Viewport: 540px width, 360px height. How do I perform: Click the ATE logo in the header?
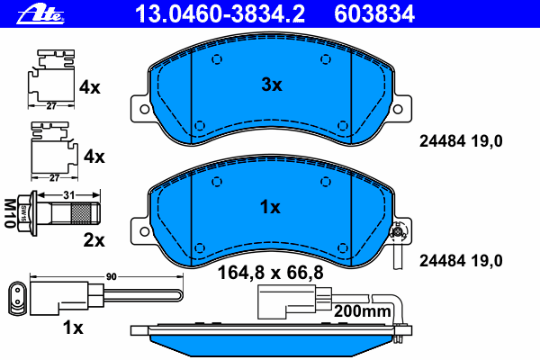40,14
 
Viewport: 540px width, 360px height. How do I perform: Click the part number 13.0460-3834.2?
220,13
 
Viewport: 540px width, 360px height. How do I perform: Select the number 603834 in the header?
374,13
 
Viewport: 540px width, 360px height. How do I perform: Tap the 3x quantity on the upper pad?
272,85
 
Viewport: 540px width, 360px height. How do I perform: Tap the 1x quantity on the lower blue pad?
270,207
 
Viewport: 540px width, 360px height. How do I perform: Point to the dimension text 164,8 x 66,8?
270,273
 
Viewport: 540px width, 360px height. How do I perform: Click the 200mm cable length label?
363,311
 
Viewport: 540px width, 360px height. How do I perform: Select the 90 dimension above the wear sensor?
112,276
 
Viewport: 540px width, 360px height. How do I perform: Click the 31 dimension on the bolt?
69,195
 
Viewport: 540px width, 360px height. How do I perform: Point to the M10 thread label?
10,213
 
